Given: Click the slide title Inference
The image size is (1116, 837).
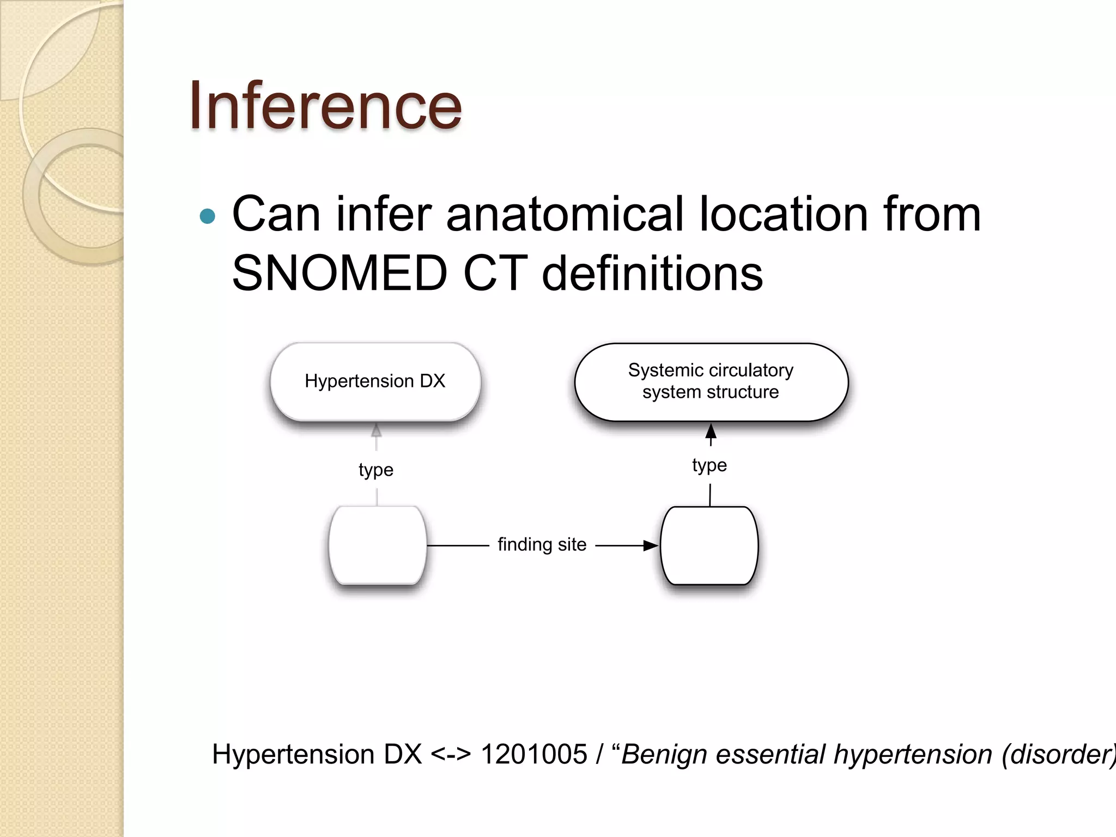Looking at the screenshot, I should pyautogui.click(x=325, y=106).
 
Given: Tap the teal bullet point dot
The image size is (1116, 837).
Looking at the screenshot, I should pyautogui.click(x=208, y=216).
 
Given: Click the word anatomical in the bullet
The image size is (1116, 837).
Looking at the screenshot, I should pyautogui.click(x=565, y=214).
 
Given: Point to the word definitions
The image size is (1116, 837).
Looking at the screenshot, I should pyautogui.click(x=652, y=273).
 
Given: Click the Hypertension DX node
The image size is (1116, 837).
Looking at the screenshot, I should pyautogui.click(x=375, y=381).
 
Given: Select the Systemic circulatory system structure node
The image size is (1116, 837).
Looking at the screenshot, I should pyautogui.click(x=711, y=381).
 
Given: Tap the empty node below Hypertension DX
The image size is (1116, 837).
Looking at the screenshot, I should pyautogui.click(x=377, y=545).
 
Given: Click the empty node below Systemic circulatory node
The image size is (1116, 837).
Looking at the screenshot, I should pyautogui.click(x=709, y=545).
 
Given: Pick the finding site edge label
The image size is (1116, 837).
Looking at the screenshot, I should pyautogui.click(x=542, y=544).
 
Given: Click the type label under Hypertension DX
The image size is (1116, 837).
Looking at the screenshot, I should pyautogui.click(x=376, y=470).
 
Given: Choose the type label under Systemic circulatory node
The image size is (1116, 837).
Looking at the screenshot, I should pyautogui.click(x=709, y=465).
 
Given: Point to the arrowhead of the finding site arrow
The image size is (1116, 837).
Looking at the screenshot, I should pyautogui.click(x=651, y=545).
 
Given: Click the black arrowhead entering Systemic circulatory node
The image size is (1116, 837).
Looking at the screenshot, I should pyautogui.click(x=711, y=432).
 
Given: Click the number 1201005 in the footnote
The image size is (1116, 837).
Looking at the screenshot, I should pyautogui.click(x=533, y=755).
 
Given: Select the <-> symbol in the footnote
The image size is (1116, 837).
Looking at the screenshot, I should pyautogui.click(x=451, y=755).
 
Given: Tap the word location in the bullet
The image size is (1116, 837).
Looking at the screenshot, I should pyautogui.click(x=783, y=214).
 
